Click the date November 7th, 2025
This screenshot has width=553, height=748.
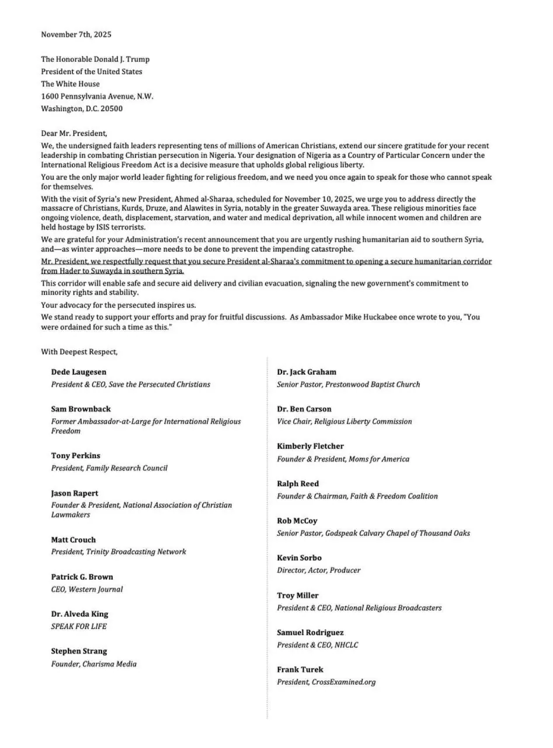coord(76,34)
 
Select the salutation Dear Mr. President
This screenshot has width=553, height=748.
coord(74,133)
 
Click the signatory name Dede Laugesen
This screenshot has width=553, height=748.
coord(79,372)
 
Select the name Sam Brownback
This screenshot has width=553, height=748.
coord(81,409)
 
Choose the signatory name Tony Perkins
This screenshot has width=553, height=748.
coord(75,455)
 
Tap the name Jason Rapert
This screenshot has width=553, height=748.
coord(75,493)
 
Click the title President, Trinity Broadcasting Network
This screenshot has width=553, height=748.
coord(119,552)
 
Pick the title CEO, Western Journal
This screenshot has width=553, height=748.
coord(87,589)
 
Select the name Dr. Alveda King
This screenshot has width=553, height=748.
coord(79,614)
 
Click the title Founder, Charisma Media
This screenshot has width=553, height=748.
coord(94,664)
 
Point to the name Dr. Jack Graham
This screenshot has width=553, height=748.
coord(307,372)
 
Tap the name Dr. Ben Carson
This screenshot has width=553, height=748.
coord(304,409)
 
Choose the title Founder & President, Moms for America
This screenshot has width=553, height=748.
coord(343,459)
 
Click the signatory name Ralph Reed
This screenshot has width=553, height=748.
coord(298,484)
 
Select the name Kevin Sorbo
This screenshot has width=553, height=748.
coord(299,558)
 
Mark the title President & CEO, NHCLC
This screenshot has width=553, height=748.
coord(318,645)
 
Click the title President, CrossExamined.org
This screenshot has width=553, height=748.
coord(326,682)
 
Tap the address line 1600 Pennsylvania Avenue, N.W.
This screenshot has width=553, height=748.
coord(97,96)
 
